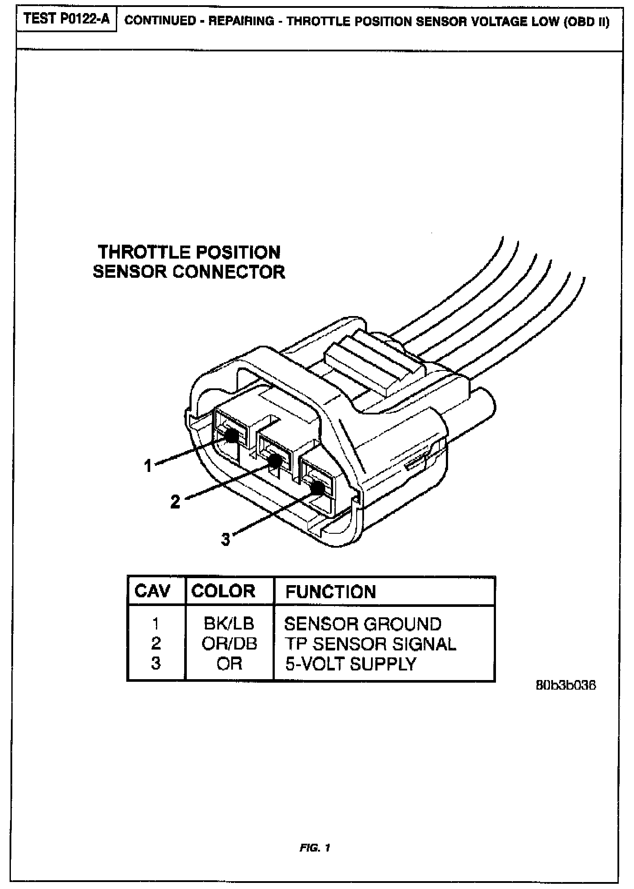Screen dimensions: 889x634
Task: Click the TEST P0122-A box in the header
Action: tap(67, 20)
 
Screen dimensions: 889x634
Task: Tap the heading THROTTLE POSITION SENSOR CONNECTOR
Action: tap(189, 262)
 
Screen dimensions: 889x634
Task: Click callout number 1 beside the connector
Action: tap(148, 466)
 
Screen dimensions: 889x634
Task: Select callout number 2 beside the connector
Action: tap(175, 502)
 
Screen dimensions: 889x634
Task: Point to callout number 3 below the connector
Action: tap(225, 539)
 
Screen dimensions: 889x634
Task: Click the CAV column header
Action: tap(152, 591)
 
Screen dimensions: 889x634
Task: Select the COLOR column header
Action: tap(223, 591)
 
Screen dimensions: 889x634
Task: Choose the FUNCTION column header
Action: tap(330, 592)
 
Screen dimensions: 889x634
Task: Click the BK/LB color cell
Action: tap(229, 623)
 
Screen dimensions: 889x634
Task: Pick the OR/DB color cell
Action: tap(229, 643)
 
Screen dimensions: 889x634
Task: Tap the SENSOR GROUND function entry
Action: tap(363, 624)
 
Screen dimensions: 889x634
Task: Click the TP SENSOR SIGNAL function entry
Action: tap(371, 644)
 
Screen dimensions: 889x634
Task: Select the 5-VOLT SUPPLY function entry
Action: tap(351, 664)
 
